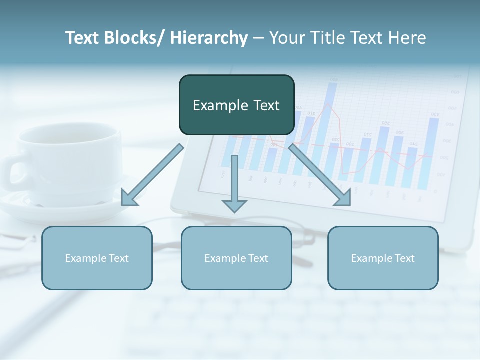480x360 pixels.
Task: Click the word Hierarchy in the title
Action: tap(209, 38)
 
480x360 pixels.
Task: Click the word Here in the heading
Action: tap(408, 38)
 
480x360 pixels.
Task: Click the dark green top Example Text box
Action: tap(236, 105)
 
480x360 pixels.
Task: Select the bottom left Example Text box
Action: tap(97, 258)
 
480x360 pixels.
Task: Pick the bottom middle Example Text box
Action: tap(236, 258)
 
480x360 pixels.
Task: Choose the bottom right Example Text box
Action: tap(383, 258)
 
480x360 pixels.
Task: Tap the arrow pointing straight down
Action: tap(234, 180)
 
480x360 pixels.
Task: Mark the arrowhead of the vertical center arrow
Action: tap(234, 205)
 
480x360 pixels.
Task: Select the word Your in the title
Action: tap(287, 38)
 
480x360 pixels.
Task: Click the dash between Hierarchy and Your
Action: tap(258, 38)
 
